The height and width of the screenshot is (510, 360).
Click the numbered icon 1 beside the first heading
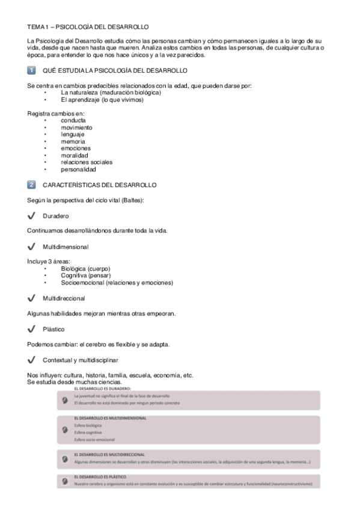coord(32,71)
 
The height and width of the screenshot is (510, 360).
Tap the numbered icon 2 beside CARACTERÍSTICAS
coord(32,185)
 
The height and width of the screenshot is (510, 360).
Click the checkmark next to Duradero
coord(32,215)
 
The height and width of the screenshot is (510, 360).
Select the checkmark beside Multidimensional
coord(32,247)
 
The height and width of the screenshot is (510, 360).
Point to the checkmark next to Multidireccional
coord(32,298)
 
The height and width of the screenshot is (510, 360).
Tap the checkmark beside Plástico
coord(32,329)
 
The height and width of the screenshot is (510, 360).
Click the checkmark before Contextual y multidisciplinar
coord(32,360)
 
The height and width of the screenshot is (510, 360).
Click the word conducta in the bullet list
coord(73,120)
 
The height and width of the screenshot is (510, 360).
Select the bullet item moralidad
coord(75,155)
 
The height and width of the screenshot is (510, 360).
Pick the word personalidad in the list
coord(78,169)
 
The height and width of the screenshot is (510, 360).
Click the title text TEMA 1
coord(41,27)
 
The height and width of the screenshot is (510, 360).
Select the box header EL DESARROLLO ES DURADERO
coord(102,389)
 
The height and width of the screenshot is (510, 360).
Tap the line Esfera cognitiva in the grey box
coord(88,432)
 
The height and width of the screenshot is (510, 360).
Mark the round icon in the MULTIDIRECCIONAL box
coord(66,459)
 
